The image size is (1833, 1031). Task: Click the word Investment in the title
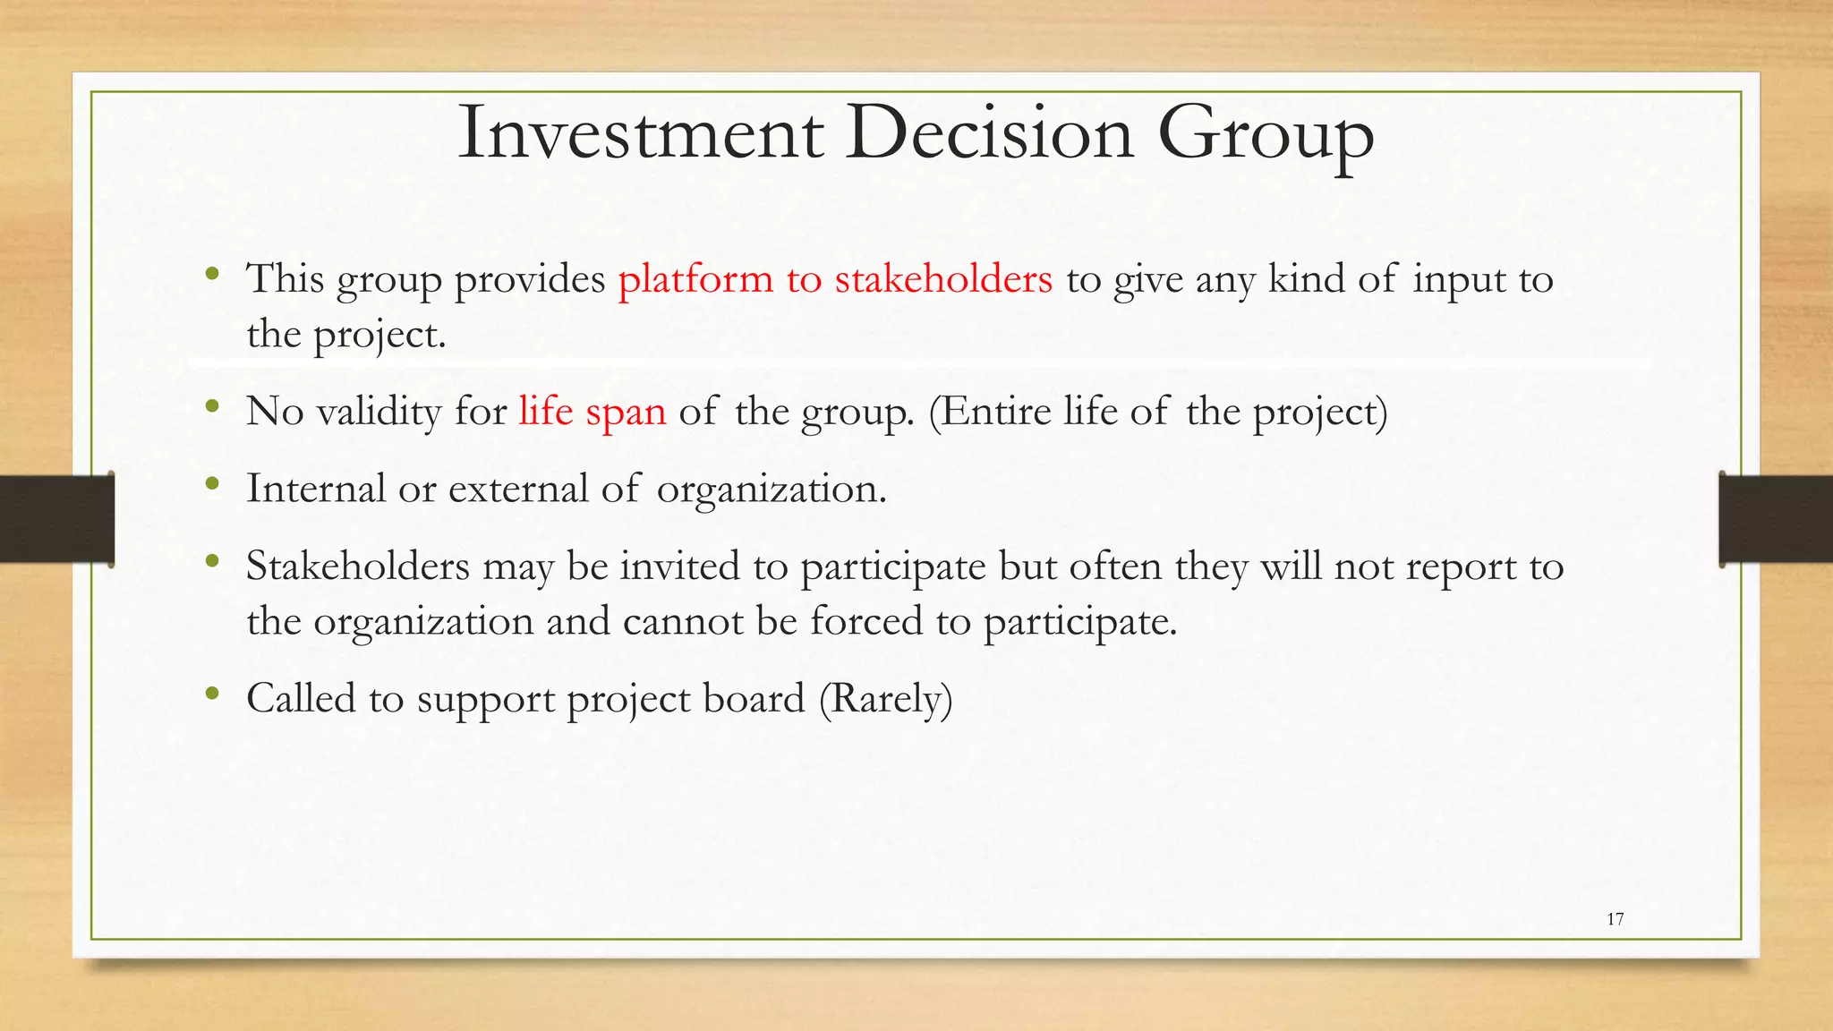[639, 134]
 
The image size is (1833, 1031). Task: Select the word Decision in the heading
[990, 134]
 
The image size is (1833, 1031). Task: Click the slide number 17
[1615, 919]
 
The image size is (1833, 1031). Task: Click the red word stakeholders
[943, 279]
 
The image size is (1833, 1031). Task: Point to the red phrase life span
[592, 412]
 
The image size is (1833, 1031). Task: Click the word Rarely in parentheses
[886, 699]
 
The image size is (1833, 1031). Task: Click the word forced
[865, 621]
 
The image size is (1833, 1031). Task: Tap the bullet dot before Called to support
[212, 694]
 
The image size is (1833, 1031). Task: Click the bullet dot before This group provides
[212, 274]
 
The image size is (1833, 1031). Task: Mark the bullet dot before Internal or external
[212, 484]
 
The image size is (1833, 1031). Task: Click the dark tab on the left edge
[56, 519]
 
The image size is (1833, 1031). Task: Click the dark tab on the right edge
[1776, 519]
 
